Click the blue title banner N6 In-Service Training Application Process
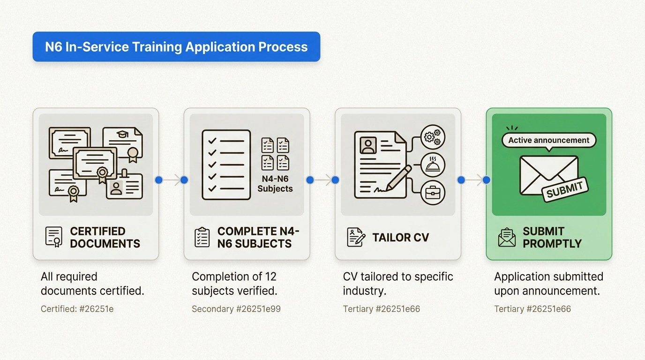[176, 47]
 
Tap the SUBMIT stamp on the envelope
[564, 189]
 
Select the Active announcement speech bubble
[548, 140]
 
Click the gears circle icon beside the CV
[432, 137]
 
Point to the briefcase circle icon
[432, 193]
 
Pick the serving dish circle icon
[432, 165]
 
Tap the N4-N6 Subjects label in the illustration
[275, 184]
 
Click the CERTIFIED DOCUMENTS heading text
[105, 237]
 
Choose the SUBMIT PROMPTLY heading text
[552, 237]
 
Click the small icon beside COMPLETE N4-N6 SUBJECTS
[202, 237]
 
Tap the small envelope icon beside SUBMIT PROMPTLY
[506, 237]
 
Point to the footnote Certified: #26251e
[77, 309]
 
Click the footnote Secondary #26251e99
[236, 309]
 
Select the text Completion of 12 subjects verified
[234, 284]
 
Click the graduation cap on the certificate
[122, 134]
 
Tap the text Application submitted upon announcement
[548, 284]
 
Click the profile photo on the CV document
[368, 145]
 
